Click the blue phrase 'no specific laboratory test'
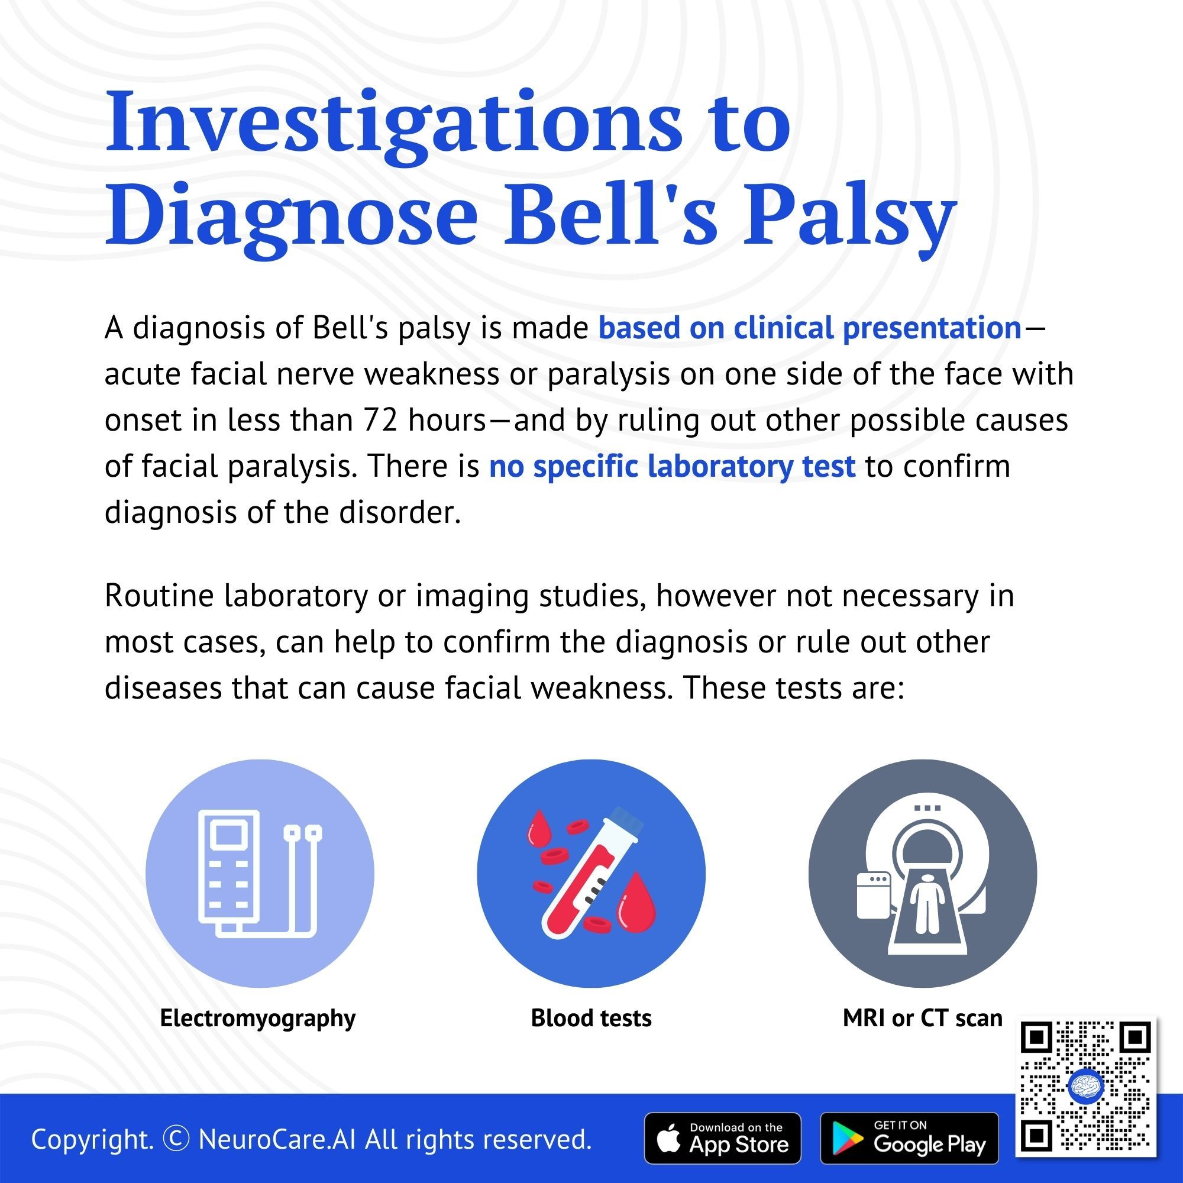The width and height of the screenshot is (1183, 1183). click(672, 466)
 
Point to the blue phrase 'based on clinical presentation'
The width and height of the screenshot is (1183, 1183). click(810, 328)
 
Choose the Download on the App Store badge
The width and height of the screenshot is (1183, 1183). click(723, 1138)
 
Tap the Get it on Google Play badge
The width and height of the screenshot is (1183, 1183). click(909, 1138)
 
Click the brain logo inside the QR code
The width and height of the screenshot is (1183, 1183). click(1085, 1086)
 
